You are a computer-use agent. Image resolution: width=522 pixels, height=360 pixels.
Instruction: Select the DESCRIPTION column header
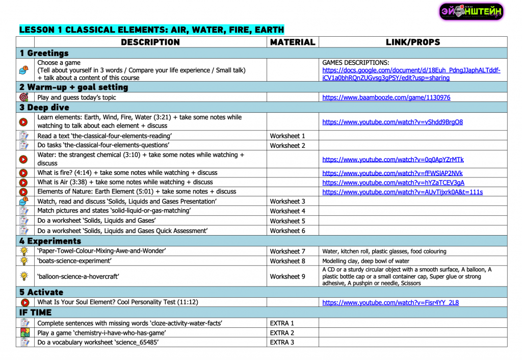coord(150,42)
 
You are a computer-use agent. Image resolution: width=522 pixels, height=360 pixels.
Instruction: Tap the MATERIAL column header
coord(293,42)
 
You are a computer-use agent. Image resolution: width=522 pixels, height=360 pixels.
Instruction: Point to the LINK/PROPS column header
coord(413,42)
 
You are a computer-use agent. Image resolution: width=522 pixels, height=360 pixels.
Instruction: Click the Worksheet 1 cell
coord(288,136)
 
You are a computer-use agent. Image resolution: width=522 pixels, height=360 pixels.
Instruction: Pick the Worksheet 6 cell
coord(288,231)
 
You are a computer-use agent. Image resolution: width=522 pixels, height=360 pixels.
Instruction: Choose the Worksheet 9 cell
coord(288,276)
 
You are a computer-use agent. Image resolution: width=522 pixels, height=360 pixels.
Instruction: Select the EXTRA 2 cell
coord(282,333)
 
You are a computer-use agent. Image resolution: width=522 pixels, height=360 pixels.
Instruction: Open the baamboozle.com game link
coord(386,97)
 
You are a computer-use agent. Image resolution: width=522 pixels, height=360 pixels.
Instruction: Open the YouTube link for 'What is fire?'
coord(393,173)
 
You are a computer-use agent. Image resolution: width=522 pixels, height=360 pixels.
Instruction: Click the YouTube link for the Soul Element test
coord(390,302)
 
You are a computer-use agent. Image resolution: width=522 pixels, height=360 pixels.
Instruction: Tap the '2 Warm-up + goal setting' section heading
coord(74,87)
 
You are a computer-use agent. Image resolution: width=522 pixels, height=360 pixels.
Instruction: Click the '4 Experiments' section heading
coord(50,241)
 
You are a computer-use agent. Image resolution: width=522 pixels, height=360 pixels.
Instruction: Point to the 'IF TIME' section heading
coord(35,313)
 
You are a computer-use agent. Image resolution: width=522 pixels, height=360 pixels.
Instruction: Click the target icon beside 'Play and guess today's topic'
coord(23,97)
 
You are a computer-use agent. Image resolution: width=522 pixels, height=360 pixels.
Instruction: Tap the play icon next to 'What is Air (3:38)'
coord(23,183)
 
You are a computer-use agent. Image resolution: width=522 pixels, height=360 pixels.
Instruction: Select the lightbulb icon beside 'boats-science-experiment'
coord(23,261)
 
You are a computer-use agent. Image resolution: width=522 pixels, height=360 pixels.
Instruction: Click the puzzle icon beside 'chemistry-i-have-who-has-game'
coord(24,332)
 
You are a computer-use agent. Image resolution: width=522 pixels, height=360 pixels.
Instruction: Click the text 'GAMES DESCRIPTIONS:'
coord(356,63)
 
